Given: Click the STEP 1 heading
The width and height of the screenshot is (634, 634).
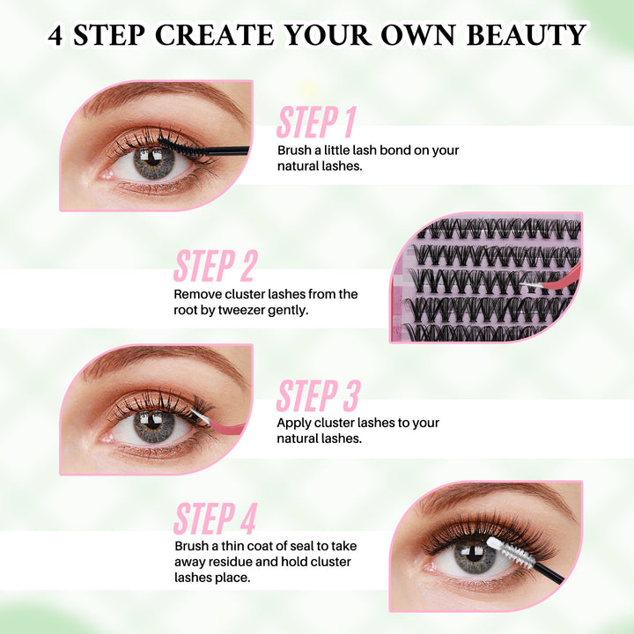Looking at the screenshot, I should click(x=316, y=122).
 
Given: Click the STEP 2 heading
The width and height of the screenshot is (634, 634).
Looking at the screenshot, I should click(x=216, y=266).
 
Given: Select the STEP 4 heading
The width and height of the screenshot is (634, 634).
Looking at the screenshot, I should click(x=216, y=520).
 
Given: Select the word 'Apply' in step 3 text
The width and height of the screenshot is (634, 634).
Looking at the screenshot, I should click(x=293, y=423).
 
